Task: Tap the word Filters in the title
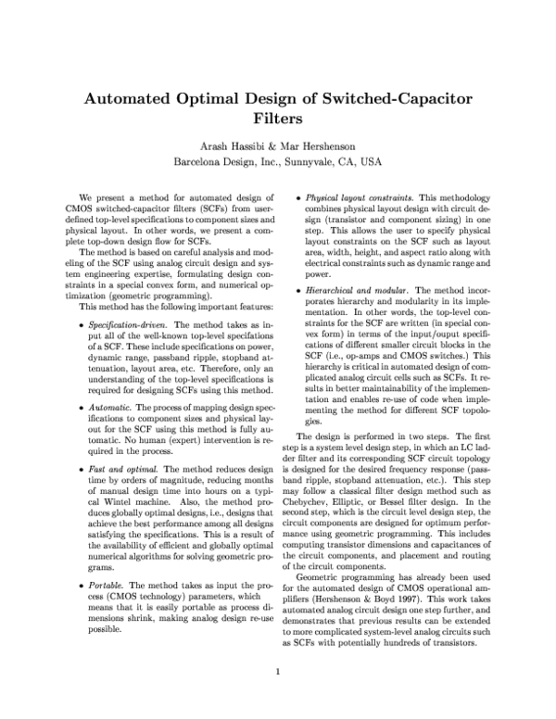tap(278, 120)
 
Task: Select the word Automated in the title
tap(139, 97)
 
